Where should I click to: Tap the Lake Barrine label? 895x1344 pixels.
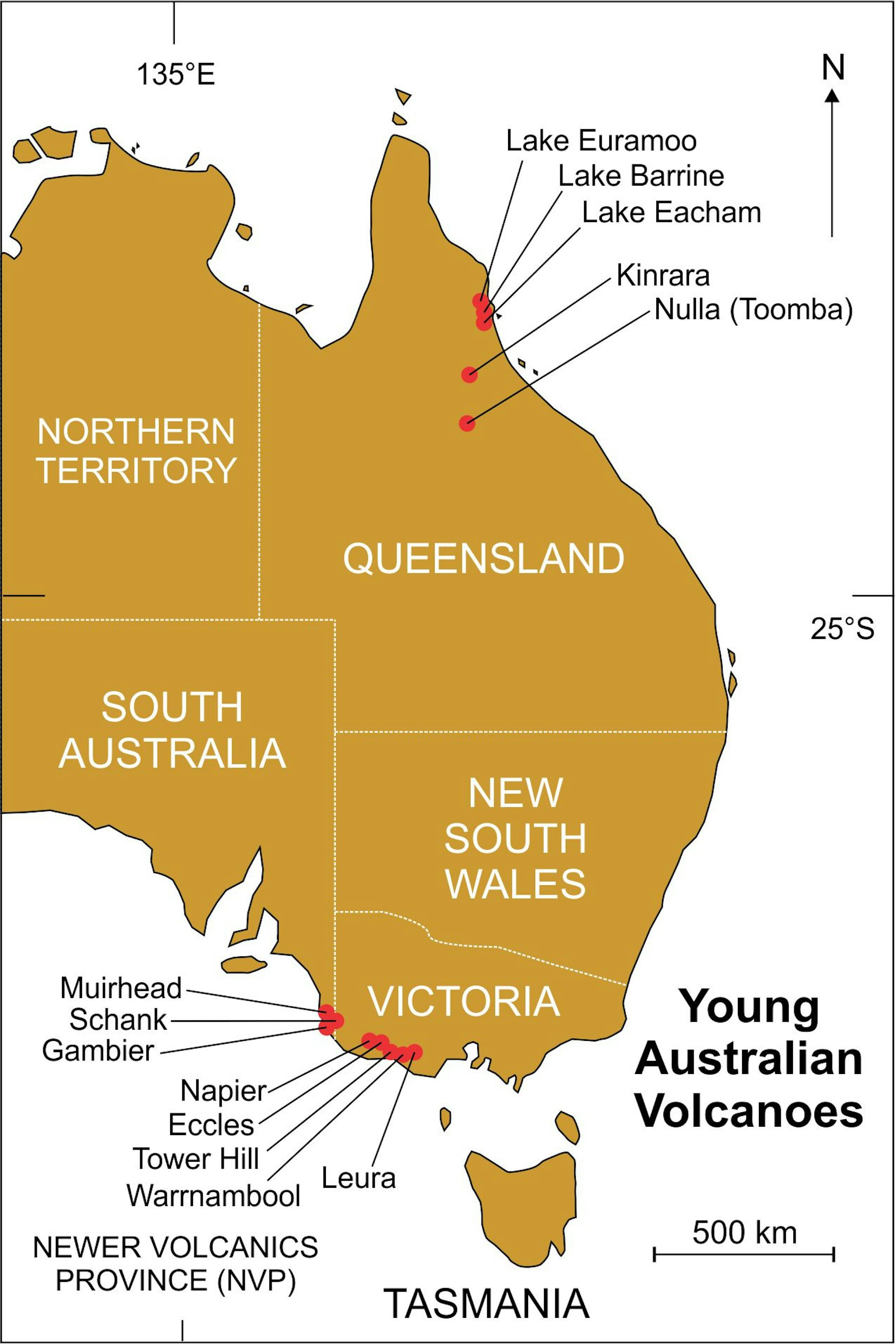[640, 176]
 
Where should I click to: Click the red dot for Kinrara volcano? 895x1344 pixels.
[469, 374]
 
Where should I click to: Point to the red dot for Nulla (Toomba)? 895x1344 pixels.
[467, 423]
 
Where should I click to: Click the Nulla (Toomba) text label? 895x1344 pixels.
[753, 310]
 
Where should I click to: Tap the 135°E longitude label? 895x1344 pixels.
[175, 75]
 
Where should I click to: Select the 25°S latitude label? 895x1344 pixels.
[842, 629]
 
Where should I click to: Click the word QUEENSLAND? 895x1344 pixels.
[483, 559]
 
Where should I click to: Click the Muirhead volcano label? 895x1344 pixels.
[121, 988]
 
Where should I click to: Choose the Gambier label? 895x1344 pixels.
[98, 1051]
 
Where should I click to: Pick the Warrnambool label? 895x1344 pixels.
[213, 1195]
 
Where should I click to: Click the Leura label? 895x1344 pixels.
[358, 1178]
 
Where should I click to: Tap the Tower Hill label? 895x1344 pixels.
[196, 1159]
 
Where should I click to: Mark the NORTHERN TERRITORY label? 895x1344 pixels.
[136, 451]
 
